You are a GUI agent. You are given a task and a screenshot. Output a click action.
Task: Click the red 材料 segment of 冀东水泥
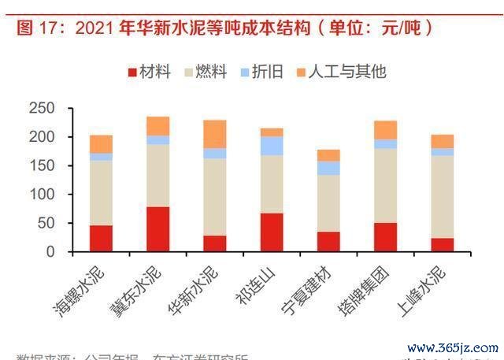click(x=157, y=229)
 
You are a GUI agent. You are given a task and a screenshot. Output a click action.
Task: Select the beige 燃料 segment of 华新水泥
click(x=215, y=197)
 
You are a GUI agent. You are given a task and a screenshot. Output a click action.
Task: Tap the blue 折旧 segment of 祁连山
click(x=272, y=146)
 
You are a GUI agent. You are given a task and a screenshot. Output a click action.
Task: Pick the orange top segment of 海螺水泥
click(x=101, y=143)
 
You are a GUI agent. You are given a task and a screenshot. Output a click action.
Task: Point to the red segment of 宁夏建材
click(x=328, y=242)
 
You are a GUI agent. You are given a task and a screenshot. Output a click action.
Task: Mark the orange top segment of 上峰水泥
click(x=443, y=141)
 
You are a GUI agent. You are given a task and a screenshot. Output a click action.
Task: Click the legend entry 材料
click(x=150, y=72)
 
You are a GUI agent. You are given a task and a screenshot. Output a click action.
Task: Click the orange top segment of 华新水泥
click(x=215, y=134)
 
